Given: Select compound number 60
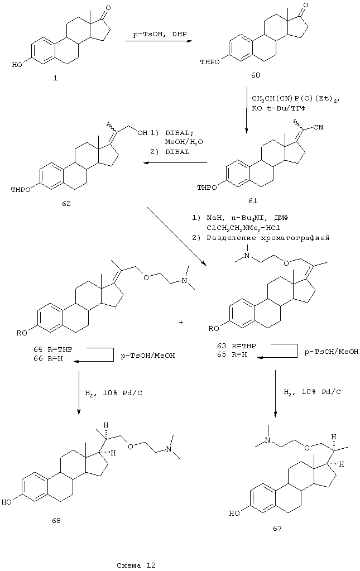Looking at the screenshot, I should tap(254, 74).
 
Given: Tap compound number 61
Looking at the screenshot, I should tap(253, 199).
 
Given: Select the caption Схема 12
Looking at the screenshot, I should tap(136, 564).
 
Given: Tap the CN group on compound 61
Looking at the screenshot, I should tap(319, 129).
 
